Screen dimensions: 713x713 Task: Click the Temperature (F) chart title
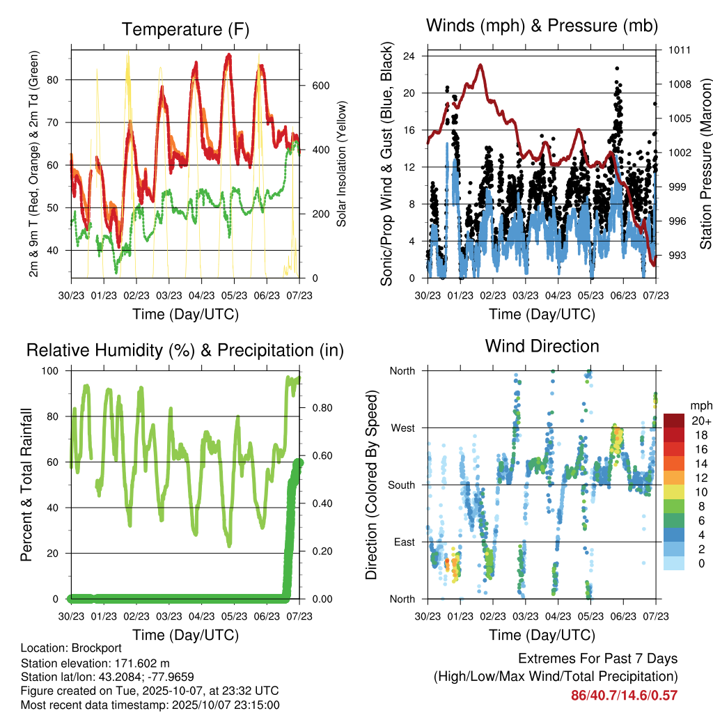[185, 30]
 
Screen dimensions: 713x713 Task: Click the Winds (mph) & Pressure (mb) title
[542, 26]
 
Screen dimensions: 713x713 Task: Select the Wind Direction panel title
[542, 346]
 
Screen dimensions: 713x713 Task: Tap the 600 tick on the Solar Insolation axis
[320, 86]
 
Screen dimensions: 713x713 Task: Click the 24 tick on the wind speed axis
[410, 56]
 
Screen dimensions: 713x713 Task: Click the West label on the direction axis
[402, 428]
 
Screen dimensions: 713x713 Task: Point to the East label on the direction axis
[403, 542]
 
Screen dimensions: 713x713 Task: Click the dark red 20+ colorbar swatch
[674, 420]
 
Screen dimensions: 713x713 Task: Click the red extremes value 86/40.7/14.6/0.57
[624, 695]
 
